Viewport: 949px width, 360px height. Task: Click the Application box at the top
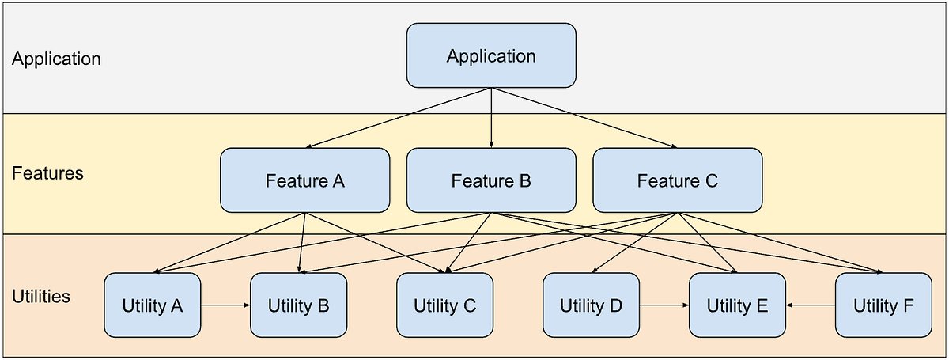tap(491, 55)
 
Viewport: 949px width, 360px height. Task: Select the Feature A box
tap(304, 180)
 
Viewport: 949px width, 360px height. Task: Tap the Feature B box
tap(491, 180)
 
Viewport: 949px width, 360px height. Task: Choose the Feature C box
tap(677, 180)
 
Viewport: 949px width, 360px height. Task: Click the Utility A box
tap(153, 305)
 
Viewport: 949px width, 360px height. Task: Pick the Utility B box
tap(298, 305)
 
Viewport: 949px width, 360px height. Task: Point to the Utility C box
tap(444, 305)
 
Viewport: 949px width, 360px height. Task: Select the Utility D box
tap(591, 305)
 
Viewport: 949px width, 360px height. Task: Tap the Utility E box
tap(737, 305)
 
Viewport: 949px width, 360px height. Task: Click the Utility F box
tap(883, 305)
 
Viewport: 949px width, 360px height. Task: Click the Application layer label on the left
tap(56, 59)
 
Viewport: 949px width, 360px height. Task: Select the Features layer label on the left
tap(47, 173)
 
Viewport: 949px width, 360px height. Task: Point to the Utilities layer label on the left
tap(41, 297)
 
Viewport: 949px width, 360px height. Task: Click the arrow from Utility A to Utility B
tap(225, 305)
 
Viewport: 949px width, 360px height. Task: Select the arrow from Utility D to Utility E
tap(664, 305)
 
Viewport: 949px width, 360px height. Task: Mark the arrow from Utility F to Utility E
tap(811, 305)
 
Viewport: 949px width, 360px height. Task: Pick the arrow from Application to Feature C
tap(585, 117)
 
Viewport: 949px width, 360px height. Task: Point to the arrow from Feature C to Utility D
tap(633, 243)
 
